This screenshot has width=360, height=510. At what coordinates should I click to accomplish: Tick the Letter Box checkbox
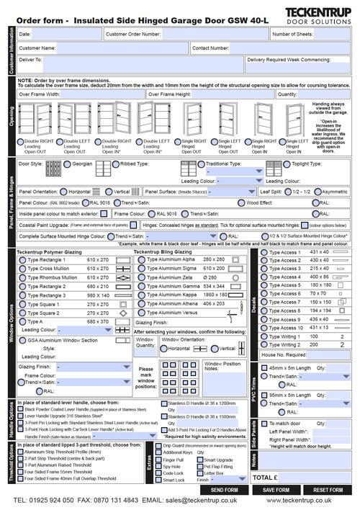[x=201, y=473]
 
